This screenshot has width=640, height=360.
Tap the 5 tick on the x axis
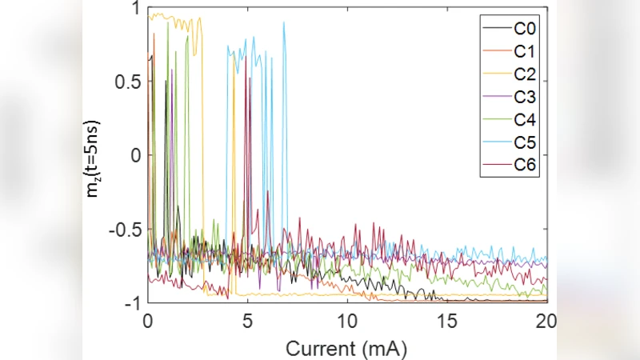[x=248, y=320]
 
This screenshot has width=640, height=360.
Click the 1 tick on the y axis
[x=134, y=9]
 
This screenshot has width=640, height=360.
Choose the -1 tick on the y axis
[x=131, y=302]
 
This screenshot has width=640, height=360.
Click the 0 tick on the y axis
[x=134, y=155]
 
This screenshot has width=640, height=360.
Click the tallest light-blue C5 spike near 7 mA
[x=284, y=23]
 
